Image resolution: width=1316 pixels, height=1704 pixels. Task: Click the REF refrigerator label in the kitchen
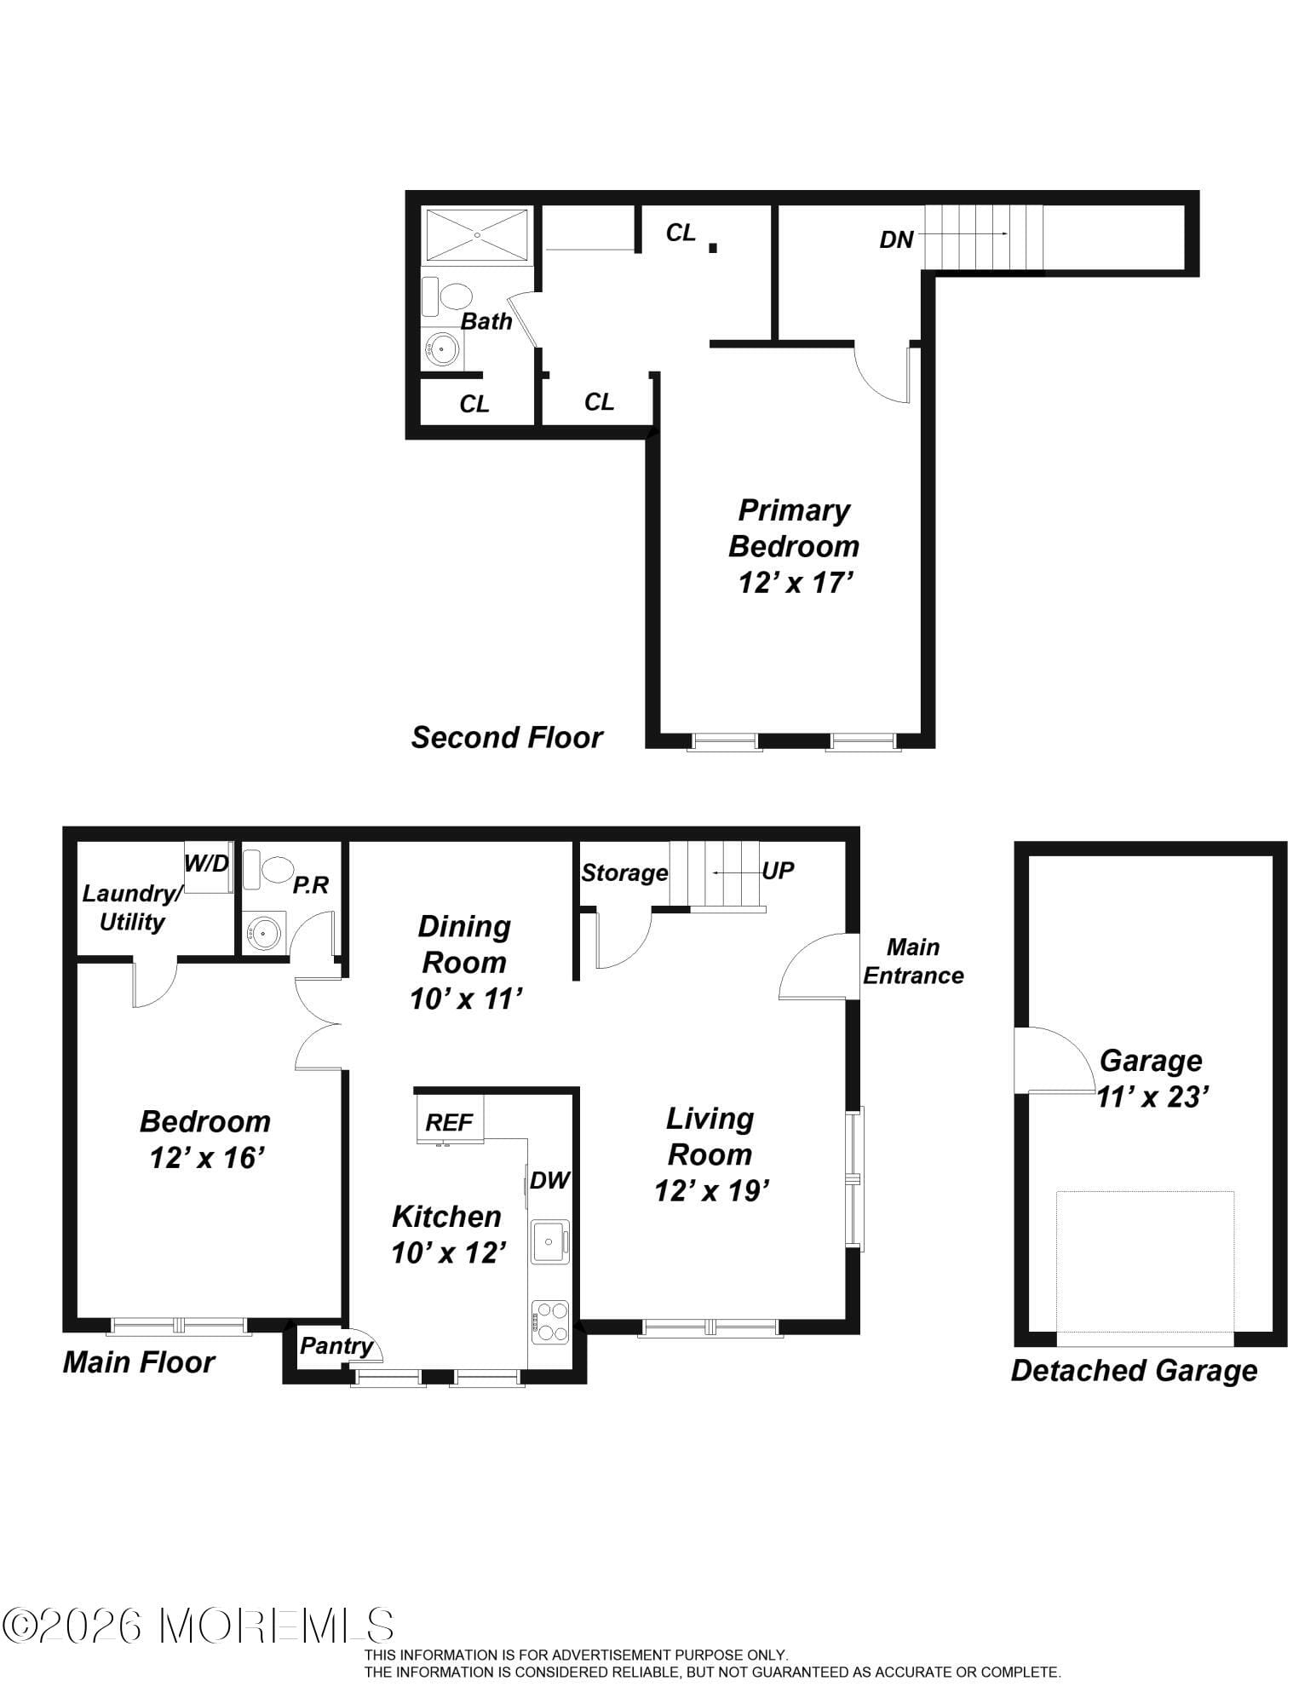449,1122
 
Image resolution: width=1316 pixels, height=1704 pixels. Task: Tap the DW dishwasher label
549,1180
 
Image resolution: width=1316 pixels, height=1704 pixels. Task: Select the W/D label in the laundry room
207,863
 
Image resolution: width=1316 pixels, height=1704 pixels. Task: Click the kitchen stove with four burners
550,1321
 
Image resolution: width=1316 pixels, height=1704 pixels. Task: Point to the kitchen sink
549,1241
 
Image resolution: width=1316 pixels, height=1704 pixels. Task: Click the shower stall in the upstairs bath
477,234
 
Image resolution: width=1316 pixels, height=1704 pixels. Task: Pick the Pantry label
336,1346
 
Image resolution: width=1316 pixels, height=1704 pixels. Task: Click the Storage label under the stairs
624,872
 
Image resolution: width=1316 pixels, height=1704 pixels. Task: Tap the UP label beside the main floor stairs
778,870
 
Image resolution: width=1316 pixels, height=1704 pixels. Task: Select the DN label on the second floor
896,239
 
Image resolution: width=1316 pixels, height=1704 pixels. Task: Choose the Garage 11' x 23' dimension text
1152,1097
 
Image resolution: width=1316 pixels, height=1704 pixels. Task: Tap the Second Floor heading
507,737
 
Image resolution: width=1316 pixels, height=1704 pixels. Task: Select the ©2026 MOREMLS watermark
198,1626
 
